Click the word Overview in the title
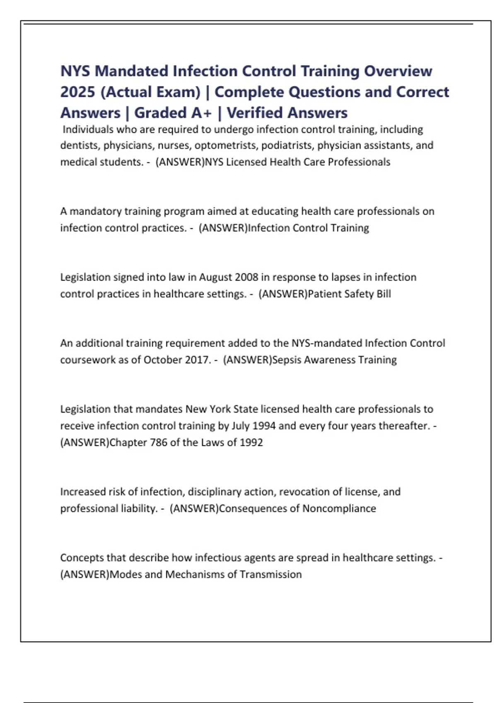coord(398,71)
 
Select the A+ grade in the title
coord(201,112)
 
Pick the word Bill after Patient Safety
coord(384,294)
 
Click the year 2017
coord(198,360)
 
